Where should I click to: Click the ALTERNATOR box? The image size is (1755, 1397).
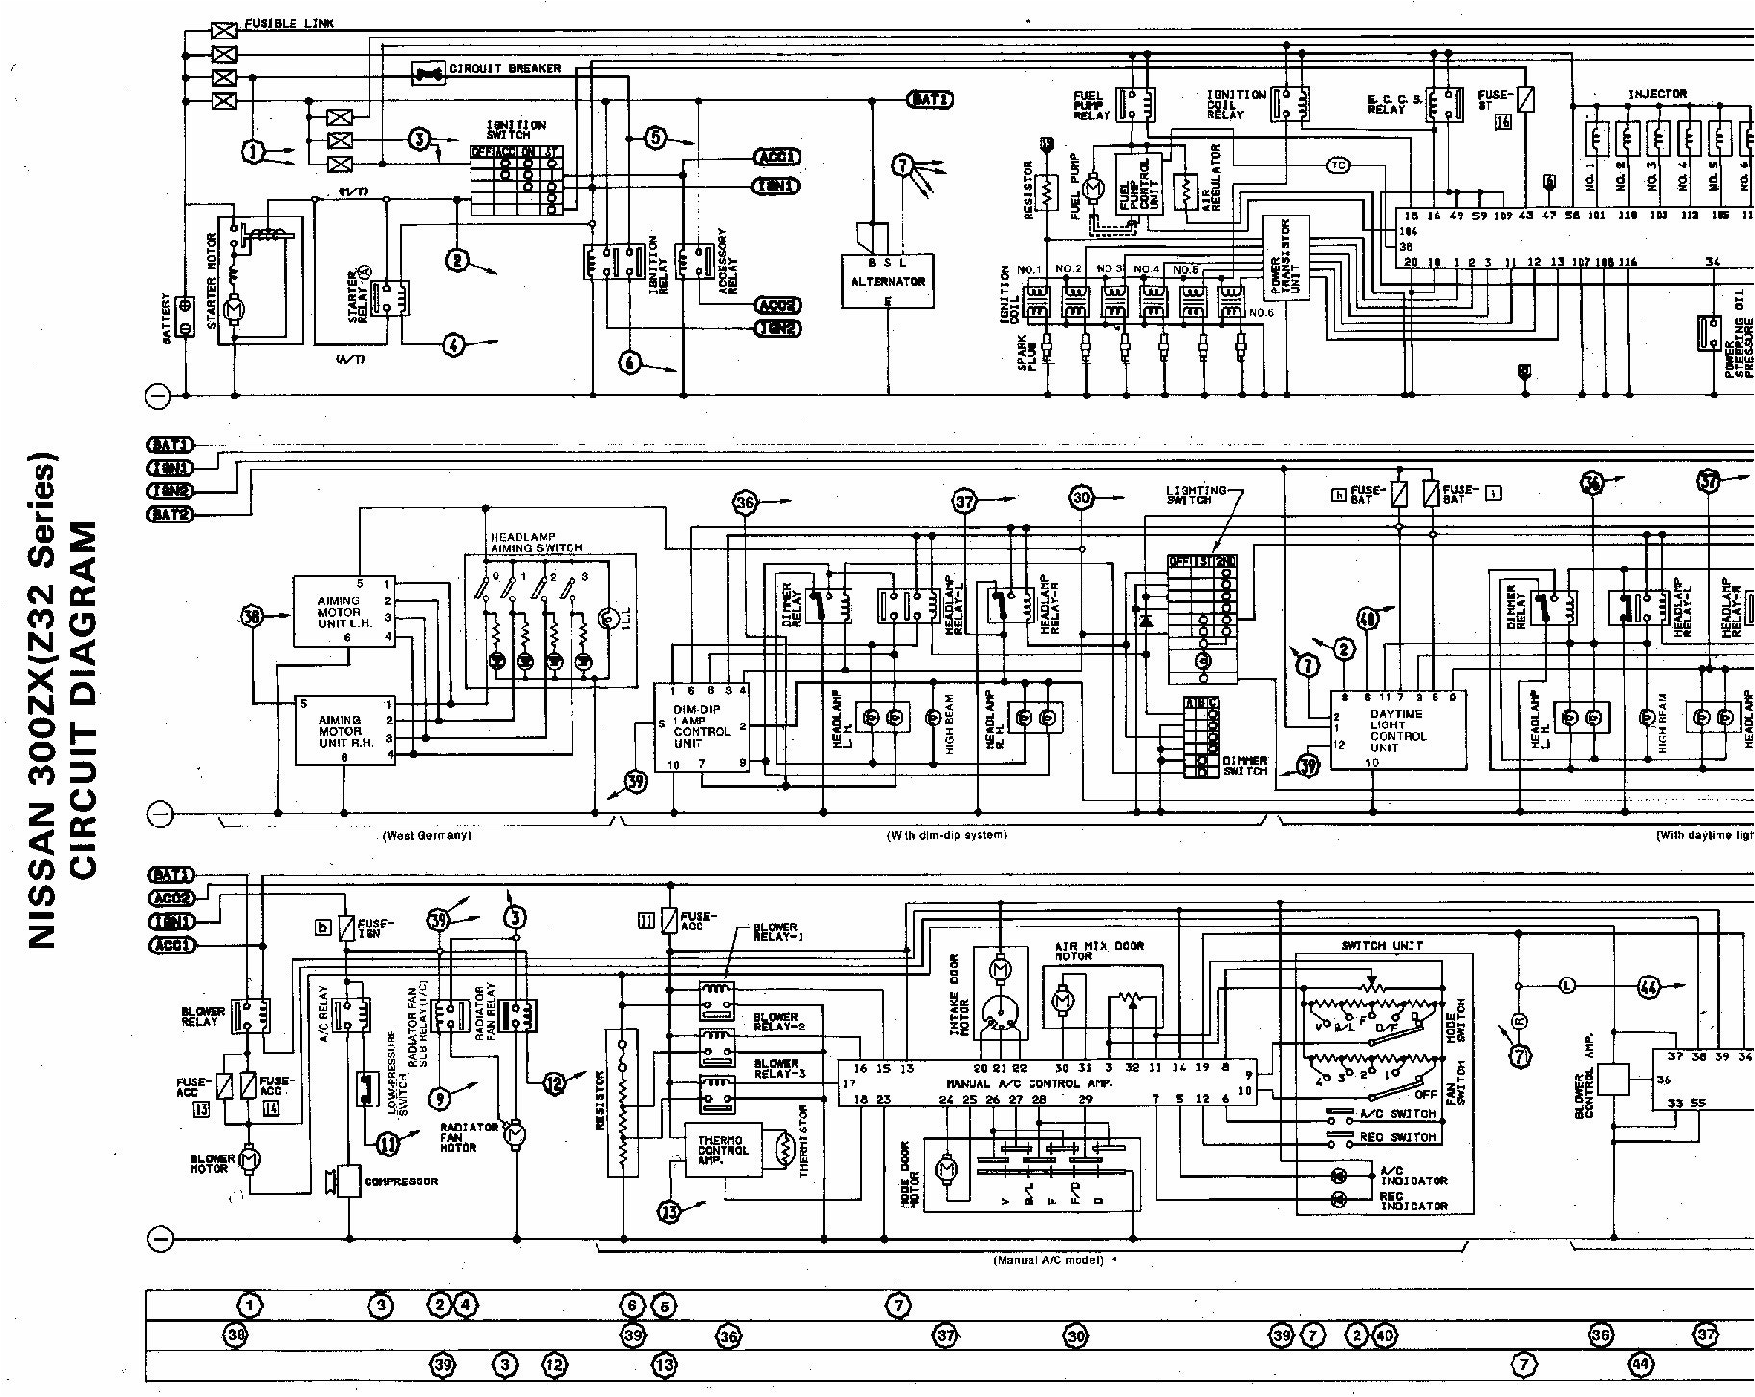887,281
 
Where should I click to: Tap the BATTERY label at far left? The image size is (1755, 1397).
167,320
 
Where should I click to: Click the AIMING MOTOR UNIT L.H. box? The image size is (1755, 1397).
343,612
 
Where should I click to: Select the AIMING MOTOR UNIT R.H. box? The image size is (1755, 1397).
343,730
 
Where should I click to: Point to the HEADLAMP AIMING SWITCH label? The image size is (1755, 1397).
536,542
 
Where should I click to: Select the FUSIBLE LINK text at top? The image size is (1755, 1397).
289,23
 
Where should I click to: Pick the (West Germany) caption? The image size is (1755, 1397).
426,835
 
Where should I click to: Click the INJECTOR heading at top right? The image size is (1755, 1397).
1657,94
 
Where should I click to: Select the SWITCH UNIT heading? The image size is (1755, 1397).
1383,945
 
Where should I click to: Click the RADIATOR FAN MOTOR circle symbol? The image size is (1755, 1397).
515,1135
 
